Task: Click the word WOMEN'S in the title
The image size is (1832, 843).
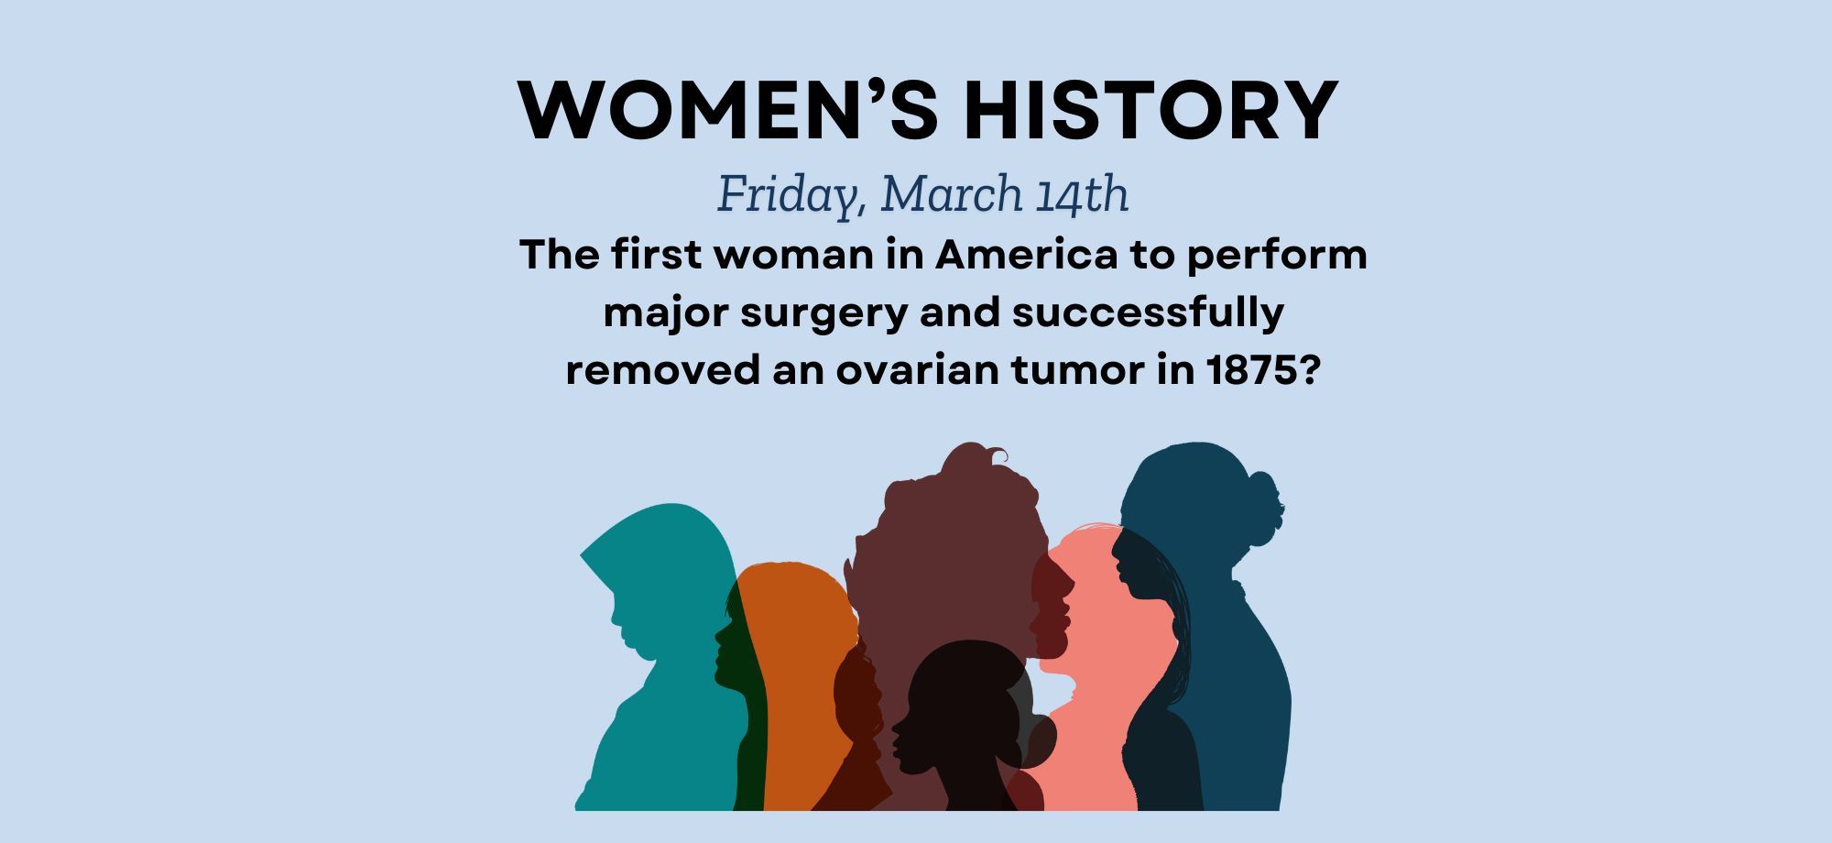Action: [728, 110]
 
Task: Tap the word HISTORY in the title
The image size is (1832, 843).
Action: [1150, 110]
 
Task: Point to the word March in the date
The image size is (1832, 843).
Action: [952, 193]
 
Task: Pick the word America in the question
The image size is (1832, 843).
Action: [1027, 255]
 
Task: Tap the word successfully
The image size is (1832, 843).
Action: [1148, 313]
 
